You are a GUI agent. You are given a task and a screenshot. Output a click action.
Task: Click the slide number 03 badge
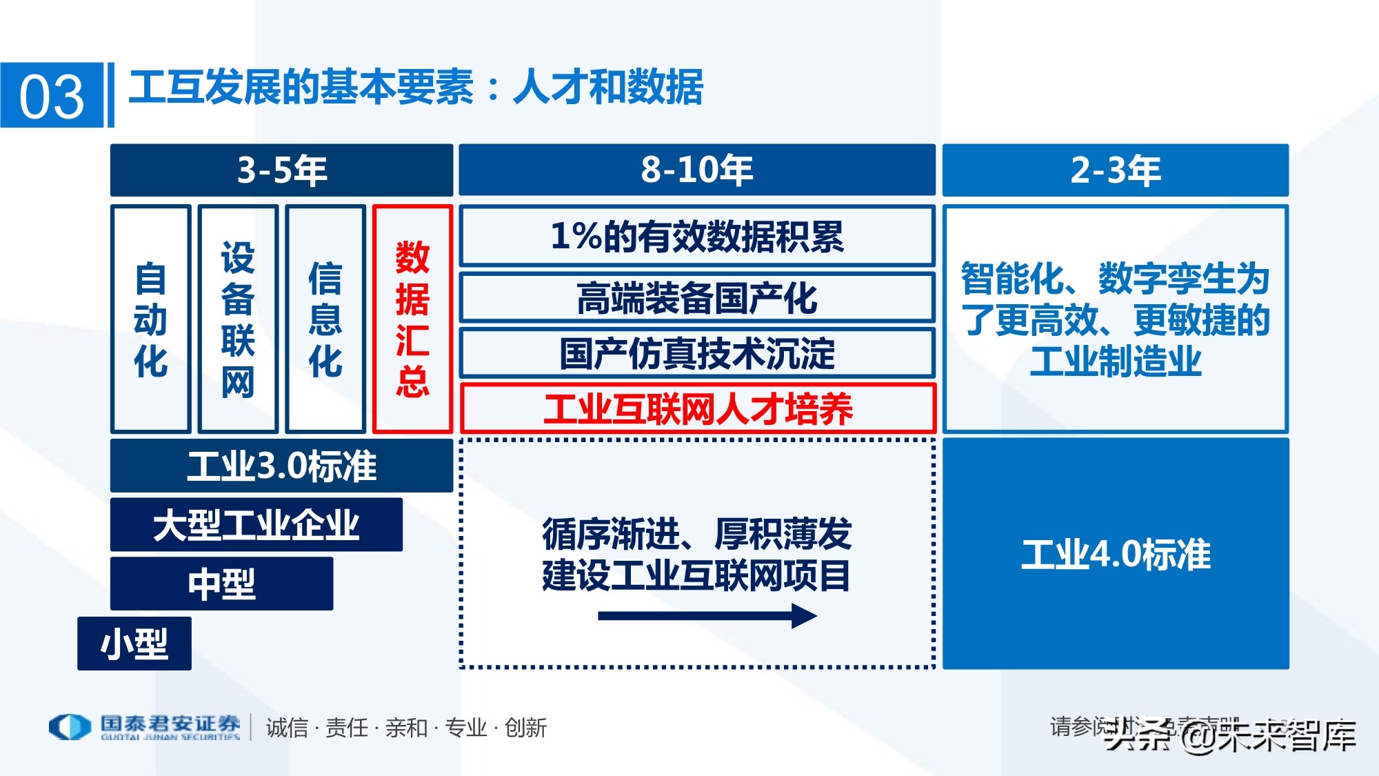pyautogui.click(x=52, y=95)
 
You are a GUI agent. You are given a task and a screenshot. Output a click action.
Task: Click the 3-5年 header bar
pyautogui.click(x=281, y=170)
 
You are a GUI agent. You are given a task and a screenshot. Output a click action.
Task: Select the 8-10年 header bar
pyautogui.click(x=696, y=170)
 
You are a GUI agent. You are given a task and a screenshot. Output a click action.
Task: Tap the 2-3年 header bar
pyautogui.click(x=1115, y=170)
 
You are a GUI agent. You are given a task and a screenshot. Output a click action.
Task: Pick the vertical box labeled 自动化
pyautogui.click(x=150, y=319)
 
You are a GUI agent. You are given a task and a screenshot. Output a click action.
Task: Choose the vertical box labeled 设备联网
pyautogui.click(x=238, y=319)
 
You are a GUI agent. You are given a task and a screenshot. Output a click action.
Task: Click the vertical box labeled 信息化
pyautogui.click(x=325, y=319)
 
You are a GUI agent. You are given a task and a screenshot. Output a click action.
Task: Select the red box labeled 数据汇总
pyautogui.click(x=412, y=319)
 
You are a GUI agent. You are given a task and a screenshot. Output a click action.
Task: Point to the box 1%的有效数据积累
pyautogui.click(x=696, y=236)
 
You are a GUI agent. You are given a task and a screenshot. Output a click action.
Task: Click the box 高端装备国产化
pyautogui.click(x=696, y=298)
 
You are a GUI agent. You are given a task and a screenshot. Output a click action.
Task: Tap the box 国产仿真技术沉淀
pyautogui.click(x=696, y=353)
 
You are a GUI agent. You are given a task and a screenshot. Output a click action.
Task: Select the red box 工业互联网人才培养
pyautogui.click(x=697, y=408)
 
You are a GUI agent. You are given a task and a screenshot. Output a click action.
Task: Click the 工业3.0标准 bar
pyautogui.click(x=281, y=466)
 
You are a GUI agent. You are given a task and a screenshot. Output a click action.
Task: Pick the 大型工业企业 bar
pyautogui.click(x=256, y=524)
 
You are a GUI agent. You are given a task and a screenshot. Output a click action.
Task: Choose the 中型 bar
pyautogui.click(x=221, y=584)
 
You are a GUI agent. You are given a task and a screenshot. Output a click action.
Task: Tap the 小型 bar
pyautogui.click(x=134, y=644)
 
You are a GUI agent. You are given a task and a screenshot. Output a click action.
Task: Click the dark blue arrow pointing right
pyautogui.click(x=707, y=615)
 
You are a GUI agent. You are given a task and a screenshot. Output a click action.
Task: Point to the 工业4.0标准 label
pyautogui.click(x=1115, y=554)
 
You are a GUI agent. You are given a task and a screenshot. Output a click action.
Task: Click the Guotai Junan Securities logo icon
pyautogui.click(x=70, y=727)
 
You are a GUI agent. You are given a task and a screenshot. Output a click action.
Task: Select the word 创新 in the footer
pyautogui.click(x=525, y=728)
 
